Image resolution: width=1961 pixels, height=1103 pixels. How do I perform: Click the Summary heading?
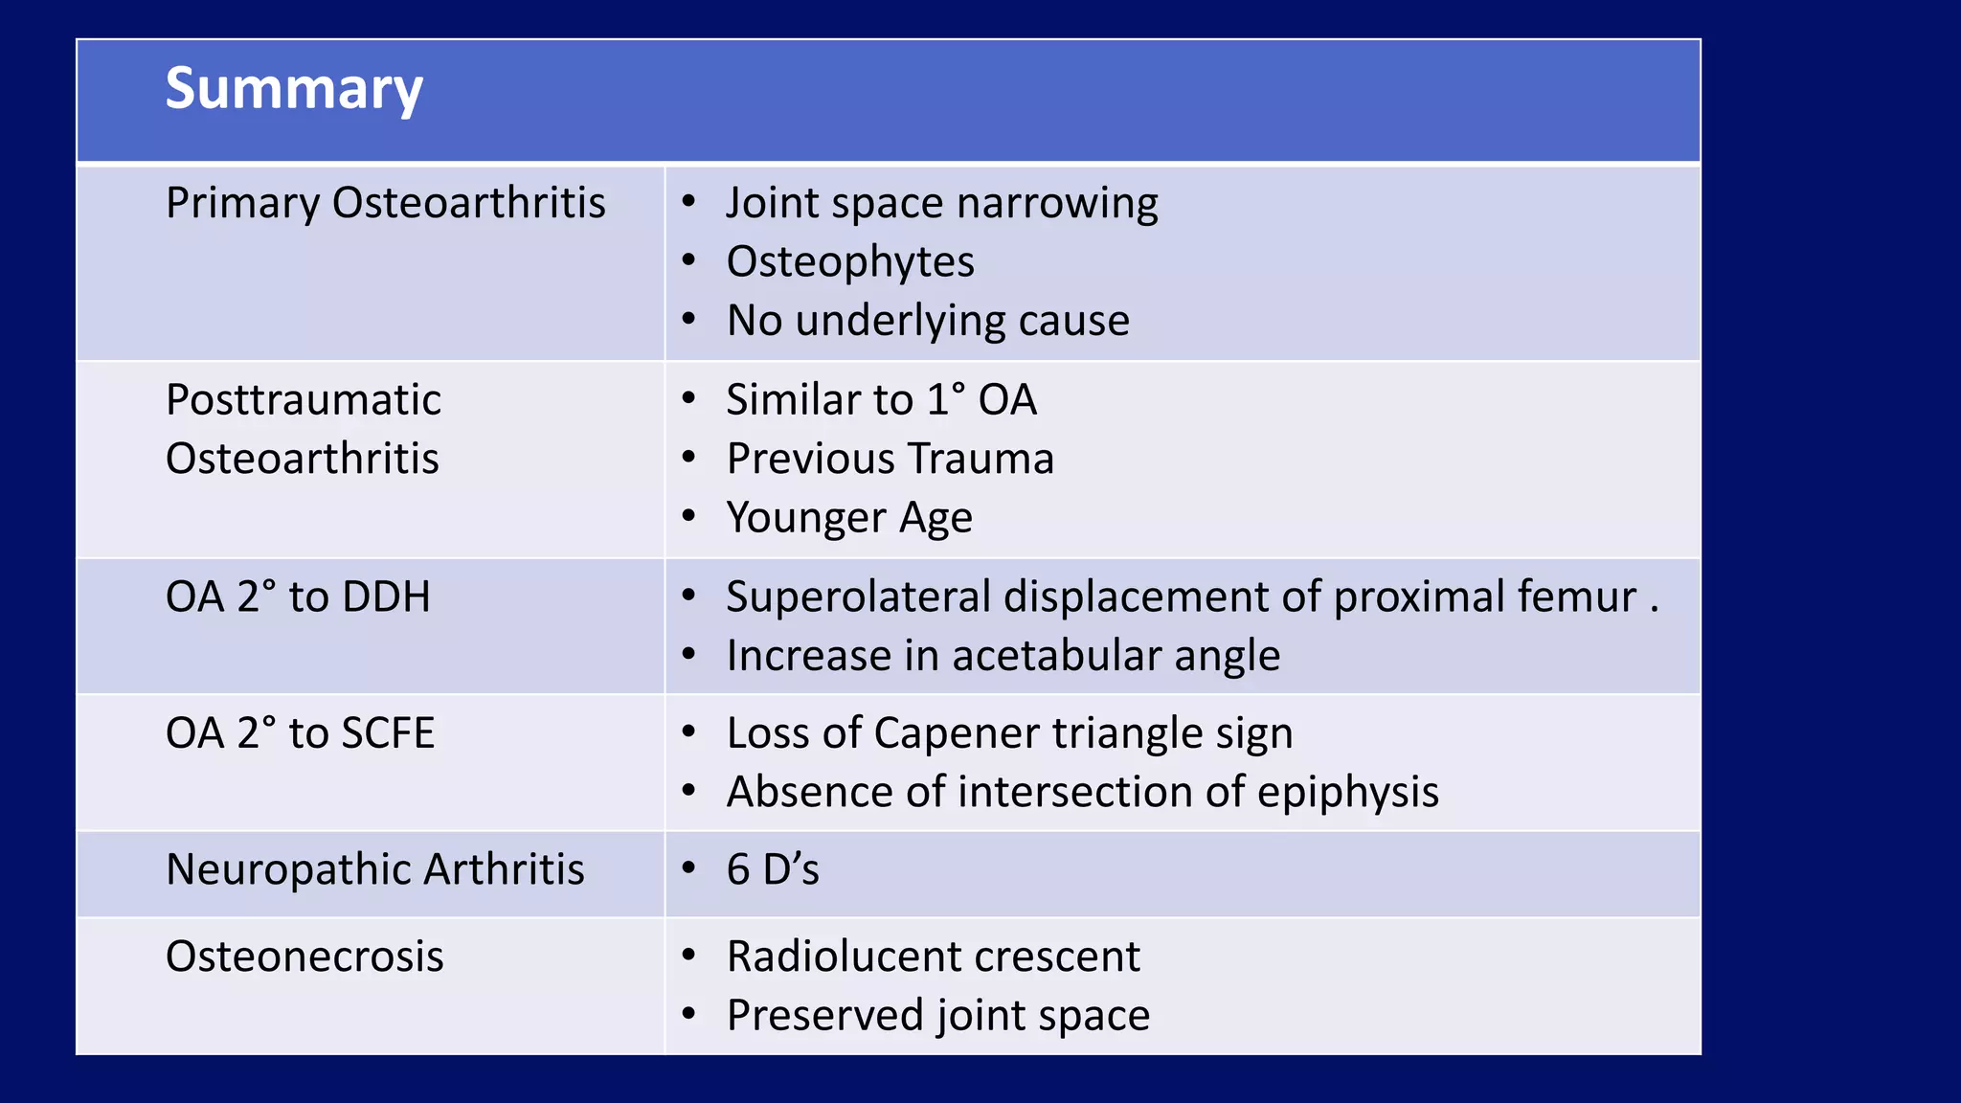(x=294, y=89)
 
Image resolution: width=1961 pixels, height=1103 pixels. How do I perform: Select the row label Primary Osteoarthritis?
(x=385, y=203)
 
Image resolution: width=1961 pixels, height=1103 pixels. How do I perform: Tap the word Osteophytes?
(x=850, y=261)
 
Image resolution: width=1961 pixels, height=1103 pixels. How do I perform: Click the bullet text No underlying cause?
(x=928, y=321)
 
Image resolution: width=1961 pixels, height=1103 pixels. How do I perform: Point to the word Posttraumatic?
(x=304, y=400)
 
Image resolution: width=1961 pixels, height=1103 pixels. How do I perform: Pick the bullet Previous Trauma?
(x=890, y=459)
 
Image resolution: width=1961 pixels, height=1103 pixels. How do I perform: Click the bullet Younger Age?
(x=849, y=518)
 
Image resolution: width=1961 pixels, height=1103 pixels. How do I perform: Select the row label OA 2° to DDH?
(x=298, y=597)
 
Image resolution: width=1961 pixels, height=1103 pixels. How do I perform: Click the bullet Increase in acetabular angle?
(x=1003, y=656)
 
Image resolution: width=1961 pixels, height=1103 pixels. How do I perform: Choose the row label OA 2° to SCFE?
(x=300, y=733)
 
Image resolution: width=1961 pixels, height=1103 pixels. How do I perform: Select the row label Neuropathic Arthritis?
(x=374, y=870)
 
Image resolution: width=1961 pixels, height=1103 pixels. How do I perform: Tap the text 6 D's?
(x=773, y=870)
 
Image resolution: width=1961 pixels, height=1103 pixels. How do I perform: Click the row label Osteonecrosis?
(x=304, y=957)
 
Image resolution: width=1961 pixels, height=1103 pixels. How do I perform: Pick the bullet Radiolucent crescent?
(x=933, y=957)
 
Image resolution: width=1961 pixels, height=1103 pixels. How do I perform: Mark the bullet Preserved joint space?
(x=937, y=1016)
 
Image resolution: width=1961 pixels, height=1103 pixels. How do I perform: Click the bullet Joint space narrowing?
(x=941, y=203)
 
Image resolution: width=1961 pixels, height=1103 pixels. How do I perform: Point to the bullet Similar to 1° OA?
(x=881, y=400)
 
